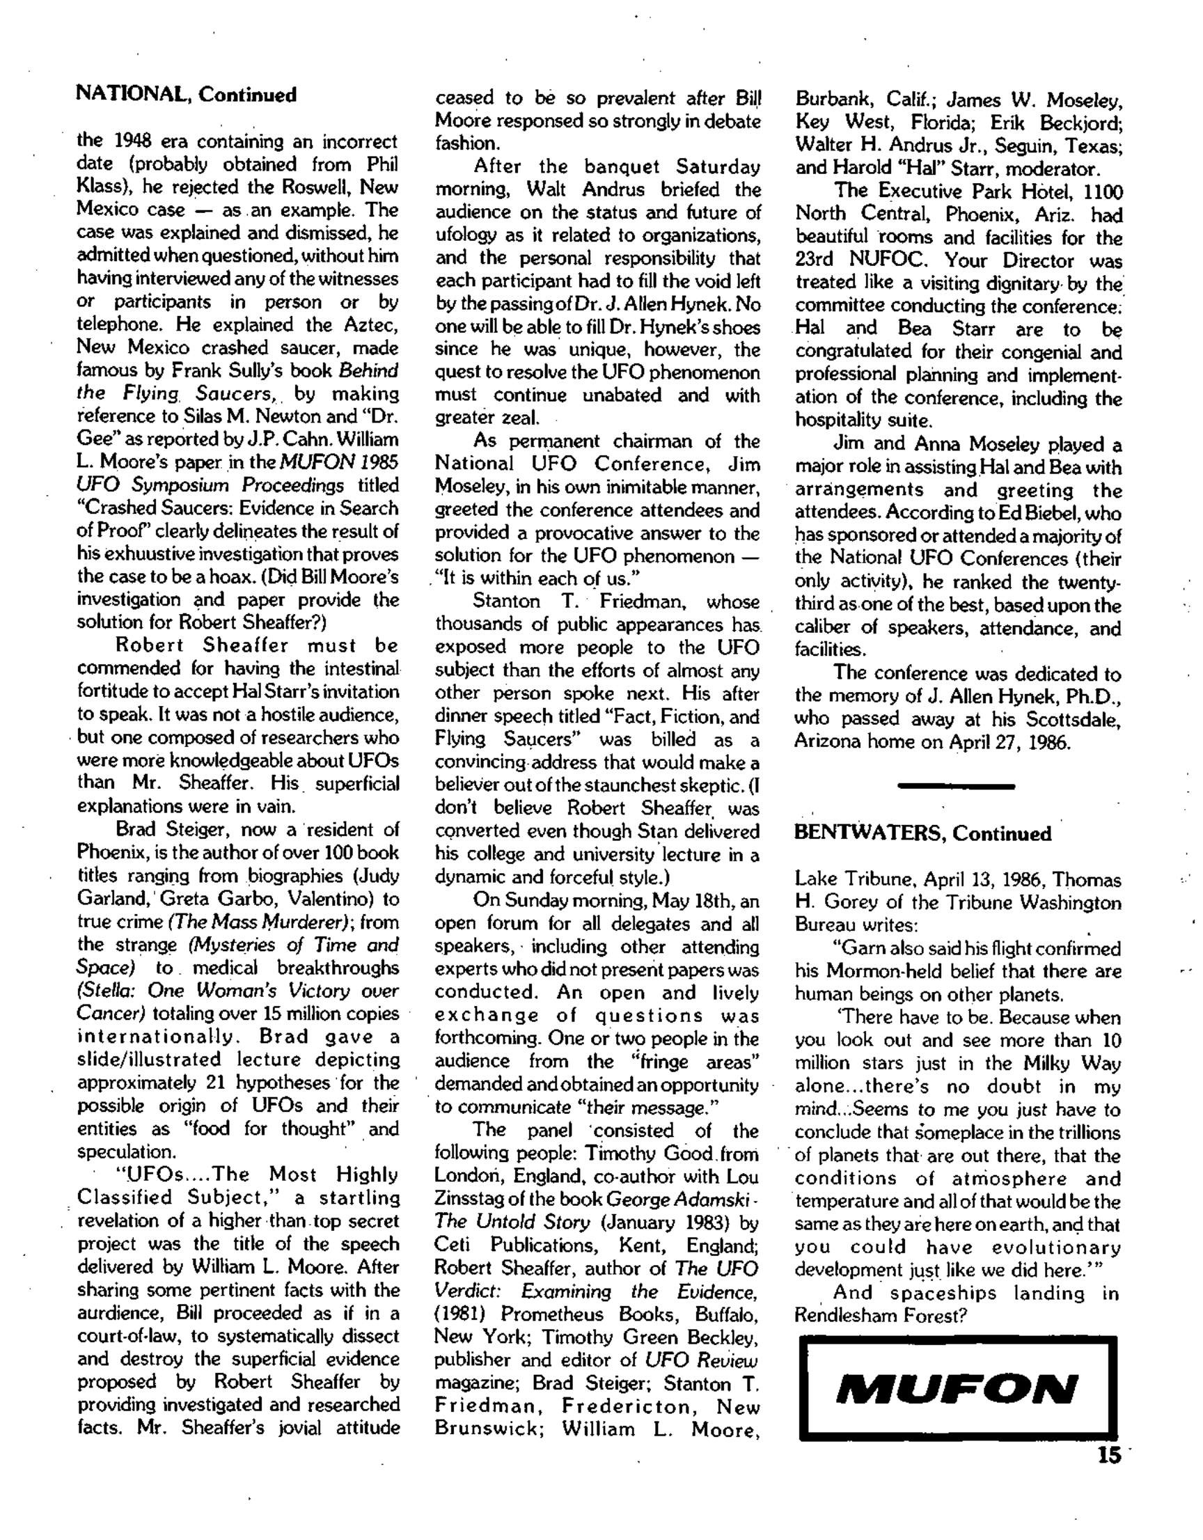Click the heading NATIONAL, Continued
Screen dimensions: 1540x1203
pos(186,95)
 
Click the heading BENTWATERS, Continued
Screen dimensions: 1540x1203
pos(922,833)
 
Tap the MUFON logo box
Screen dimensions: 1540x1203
pos(958,1388)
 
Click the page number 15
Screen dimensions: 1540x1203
pos(1108,1455)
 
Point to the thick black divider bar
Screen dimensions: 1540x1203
pos(956,785)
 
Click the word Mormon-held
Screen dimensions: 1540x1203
pos(885,972)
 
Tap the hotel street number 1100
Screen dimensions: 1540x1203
pos(1103,191)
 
